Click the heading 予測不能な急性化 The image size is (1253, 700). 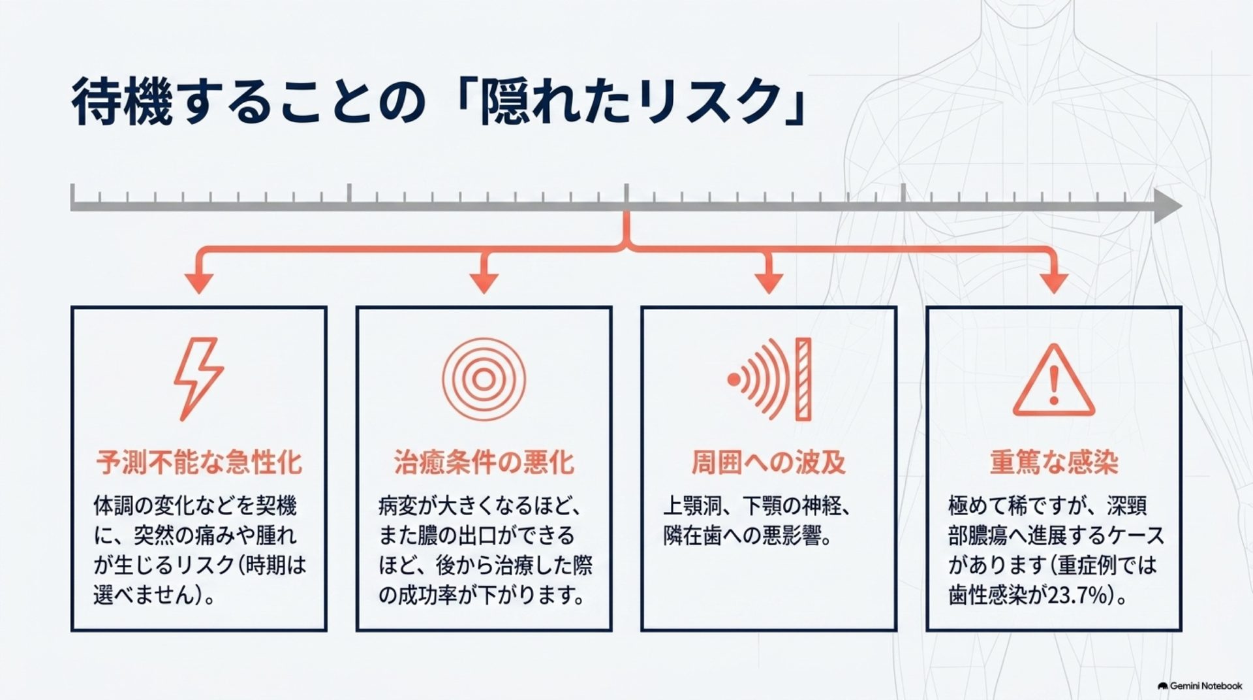click(199, 462)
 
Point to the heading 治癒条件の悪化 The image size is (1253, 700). click(484, 462)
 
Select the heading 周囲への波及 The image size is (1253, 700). click(769, 462)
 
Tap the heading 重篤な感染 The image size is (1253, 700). click(1054, 462)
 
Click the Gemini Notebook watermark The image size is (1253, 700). click(1199, 686)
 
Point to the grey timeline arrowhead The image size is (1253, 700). click(1168, 206)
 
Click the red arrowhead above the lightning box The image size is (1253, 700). click(199, 283)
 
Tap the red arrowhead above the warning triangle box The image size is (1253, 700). click(1053, 283)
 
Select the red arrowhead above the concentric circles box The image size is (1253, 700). click(484, 283)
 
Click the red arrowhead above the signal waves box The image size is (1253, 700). click(768, 283)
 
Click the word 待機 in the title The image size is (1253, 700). click(123, 102)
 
